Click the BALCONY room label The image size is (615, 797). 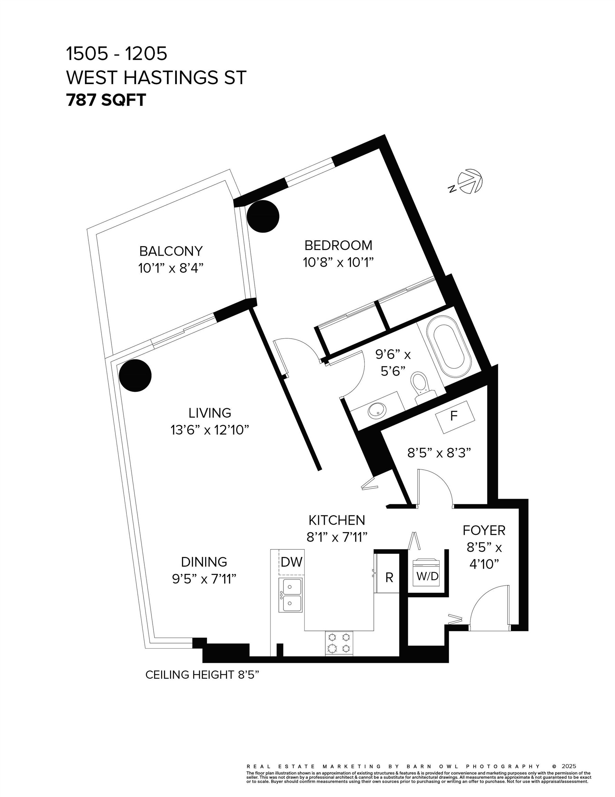pos(171,251)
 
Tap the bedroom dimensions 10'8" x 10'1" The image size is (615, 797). pos(338,262)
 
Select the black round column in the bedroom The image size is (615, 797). pos(263,216)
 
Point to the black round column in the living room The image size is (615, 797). pos(135,376)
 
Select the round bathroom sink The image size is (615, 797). pos(377,410)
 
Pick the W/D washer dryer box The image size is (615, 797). pos(427,576)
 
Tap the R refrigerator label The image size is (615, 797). pos(389,578)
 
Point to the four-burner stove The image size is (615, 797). pos(339,643)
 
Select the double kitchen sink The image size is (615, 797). pos(290,595)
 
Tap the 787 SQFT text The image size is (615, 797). pos(106,100)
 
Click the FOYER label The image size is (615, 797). pos(484,530)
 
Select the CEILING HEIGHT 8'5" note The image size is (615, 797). pos(202,675)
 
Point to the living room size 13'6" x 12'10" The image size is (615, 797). pos(210,430)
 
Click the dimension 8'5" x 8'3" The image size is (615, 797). pos(439,453)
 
